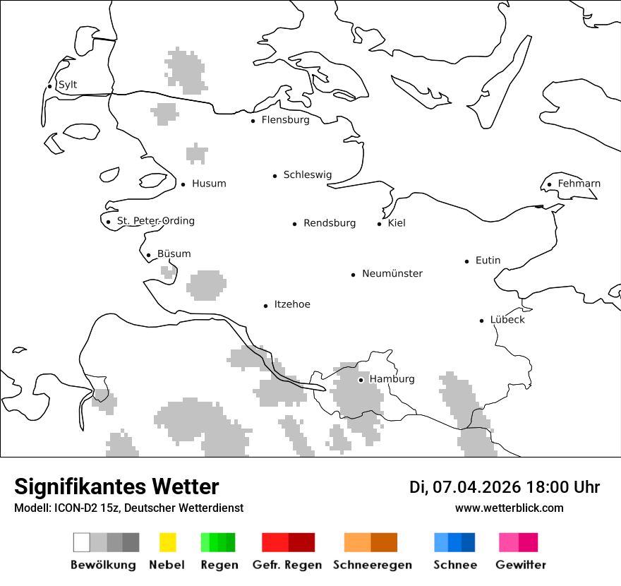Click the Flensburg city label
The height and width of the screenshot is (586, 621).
[x=285, y=120]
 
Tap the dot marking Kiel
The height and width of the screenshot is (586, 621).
[x=380, y=224]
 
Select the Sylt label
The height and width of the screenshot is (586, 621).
[x=68, y=85]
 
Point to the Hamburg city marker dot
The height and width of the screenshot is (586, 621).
[x=361, y=380]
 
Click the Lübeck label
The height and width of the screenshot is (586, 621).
[x=507, y=320]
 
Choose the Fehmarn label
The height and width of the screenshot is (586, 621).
[x=579, y=184]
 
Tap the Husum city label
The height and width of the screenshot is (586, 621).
[x=209, y=184]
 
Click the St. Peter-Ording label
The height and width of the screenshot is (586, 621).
[x=155, y=221]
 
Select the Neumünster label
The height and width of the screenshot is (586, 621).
[x=392, y=273]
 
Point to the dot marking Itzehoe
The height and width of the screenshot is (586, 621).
[x=266, y=306]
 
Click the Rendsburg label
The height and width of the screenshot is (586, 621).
[x=330, y=223]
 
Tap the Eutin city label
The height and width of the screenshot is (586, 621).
[x=488, y=261]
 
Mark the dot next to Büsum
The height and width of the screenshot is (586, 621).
[x=148, y=256]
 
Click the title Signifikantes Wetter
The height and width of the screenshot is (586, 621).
[x=116, y=487]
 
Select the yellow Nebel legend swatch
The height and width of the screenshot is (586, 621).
[x=167, y=542]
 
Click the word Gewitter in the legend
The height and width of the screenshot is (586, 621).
[x=521, y=565]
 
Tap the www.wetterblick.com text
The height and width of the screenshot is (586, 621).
[x=509, y=508]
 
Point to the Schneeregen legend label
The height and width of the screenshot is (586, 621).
[x=372, y=565]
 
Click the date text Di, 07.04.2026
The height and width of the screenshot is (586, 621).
[x=465, y=487]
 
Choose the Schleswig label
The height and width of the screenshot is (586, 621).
[x=307, y=175]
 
